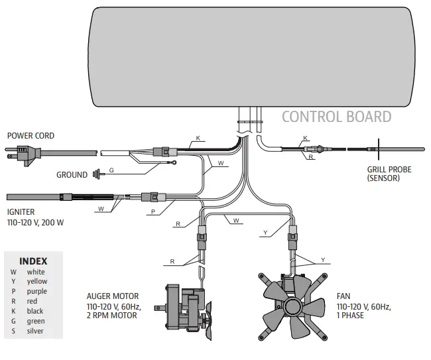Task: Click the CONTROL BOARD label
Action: point(336,117)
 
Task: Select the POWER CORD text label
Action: point(31,136)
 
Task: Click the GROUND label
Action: point(72,175)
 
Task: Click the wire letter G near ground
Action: point(111,170)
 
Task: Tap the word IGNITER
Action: point(21,212)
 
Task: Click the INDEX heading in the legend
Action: point(33,261)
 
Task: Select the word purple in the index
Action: point(37,291)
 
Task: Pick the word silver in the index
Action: point(36,331)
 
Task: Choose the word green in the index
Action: point(36,321)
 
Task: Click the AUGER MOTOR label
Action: point(113,296)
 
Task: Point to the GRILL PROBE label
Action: point(389,170)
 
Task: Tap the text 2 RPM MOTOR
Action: point(112,316)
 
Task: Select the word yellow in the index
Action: point(37,281)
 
